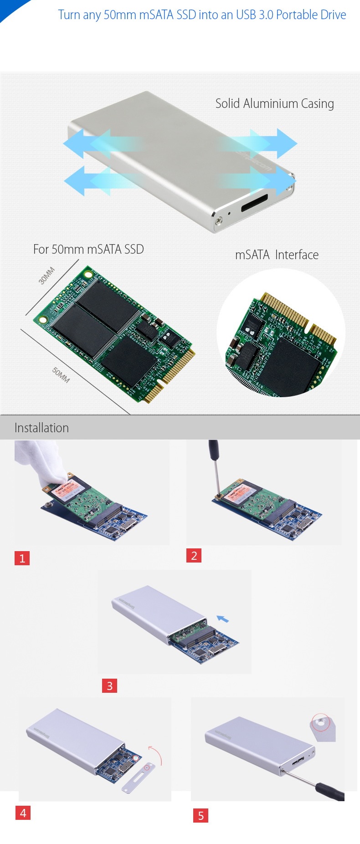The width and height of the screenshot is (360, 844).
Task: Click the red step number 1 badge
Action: (x=22, y=558)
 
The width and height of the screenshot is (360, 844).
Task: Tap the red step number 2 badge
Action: (x=194, y=555)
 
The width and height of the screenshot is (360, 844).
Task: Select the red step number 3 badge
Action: (x=109, y=685)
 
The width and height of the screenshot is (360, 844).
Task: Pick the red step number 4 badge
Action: (x=23, y=813)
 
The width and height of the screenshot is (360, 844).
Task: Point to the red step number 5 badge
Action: (x=201, y=815)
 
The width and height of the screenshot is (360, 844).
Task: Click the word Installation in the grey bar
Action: (x=41, y=428)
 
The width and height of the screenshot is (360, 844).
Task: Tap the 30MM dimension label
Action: (x=46, y=276)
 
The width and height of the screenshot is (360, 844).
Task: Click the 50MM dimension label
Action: (x=61, y=375)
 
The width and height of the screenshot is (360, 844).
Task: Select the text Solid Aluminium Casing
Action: (x=275, y=104)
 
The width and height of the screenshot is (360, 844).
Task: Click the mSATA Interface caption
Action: (x=277, y=255)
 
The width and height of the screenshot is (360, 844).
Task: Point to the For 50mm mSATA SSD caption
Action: (x=88, y=249)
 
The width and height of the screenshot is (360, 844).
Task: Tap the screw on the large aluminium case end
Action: (x=221, y=220)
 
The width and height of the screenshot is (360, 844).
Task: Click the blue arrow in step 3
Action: (x=222, y=619)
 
